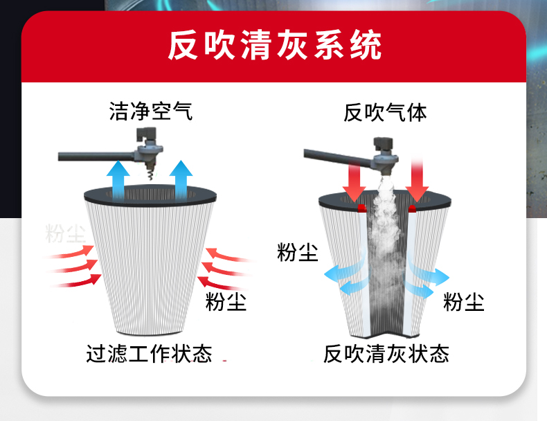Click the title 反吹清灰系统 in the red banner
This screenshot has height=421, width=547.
(273, 46)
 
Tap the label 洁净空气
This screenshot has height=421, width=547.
(150, 111)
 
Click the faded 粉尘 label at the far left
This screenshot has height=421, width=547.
(65, 233)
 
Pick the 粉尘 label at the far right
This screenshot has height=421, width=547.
(463, 302)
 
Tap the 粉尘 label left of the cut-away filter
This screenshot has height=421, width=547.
(297, 253)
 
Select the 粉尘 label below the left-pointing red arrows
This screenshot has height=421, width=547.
(226, 302)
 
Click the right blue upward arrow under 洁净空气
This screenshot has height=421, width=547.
(181, 177)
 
